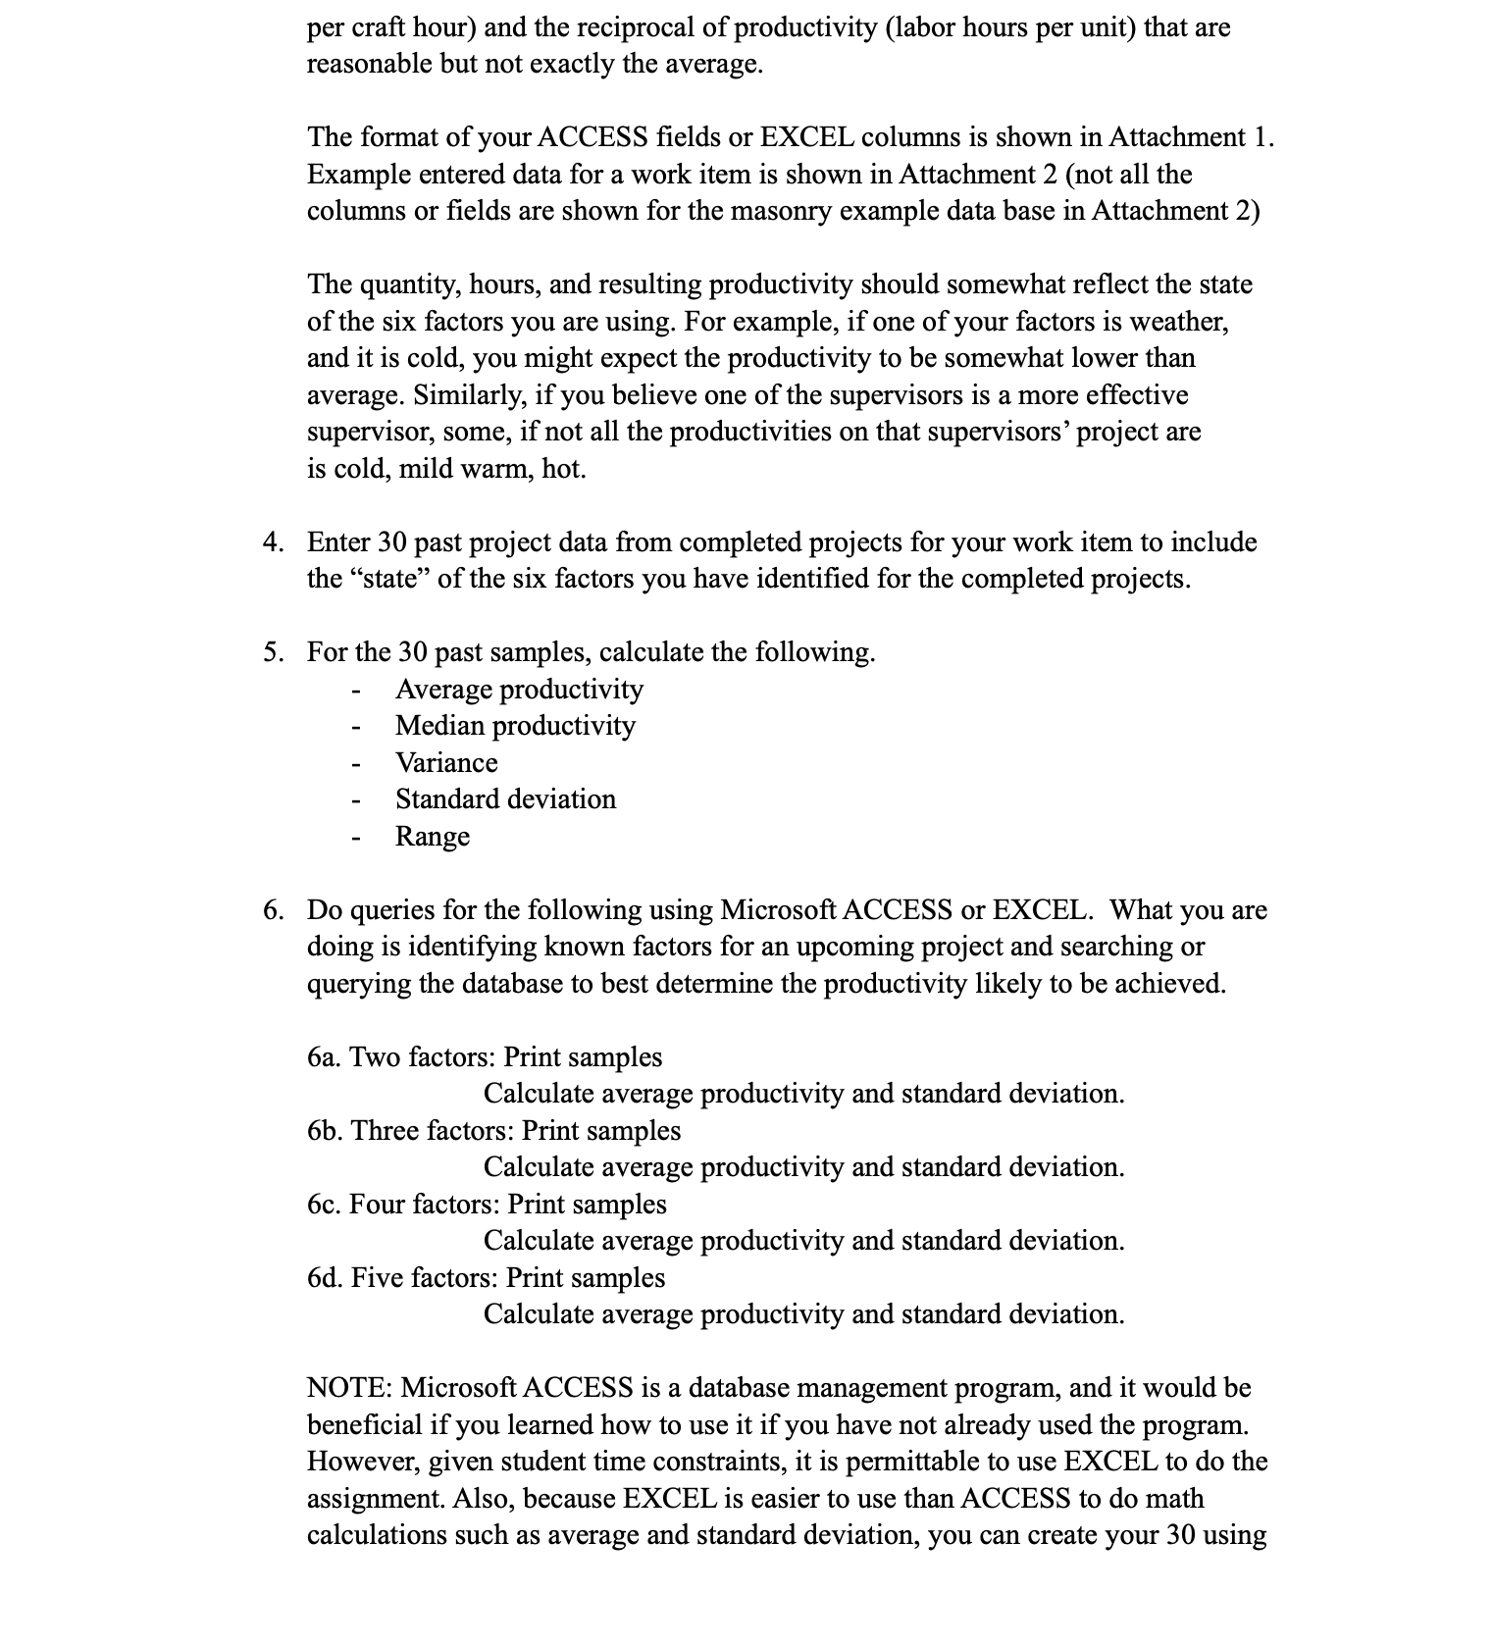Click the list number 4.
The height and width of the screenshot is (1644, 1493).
[x=273, y=542]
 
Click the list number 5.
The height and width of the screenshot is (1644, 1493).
[x=273, y=652]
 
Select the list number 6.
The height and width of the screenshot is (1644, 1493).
[x=273, y=910]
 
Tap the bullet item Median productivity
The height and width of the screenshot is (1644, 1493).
[x=515, y=726]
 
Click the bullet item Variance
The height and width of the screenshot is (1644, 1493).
[x=446, y=763]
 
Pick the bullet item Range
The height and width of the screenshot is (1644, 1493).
[x=433, y=837]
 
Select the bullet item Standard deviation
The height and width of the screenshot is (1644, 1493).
[x=505, y=799]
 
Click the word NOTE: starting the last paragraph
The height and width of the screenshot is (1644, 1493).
[x=350, y=1388]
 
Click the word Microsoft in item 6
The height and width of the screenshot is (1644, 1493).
[x=778, y=910]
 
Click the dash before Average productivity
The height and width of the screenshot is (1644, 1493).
[x=358, y=691]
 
